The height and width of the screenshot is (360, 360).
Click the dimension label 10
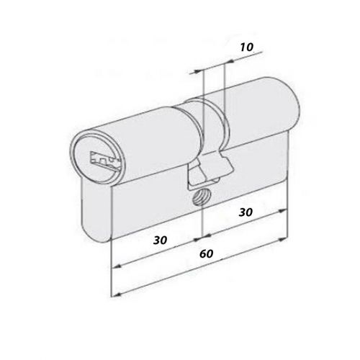[x=246, y=47]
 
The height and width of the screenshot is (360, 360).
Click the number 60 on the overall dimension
[x=207, y=256]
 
